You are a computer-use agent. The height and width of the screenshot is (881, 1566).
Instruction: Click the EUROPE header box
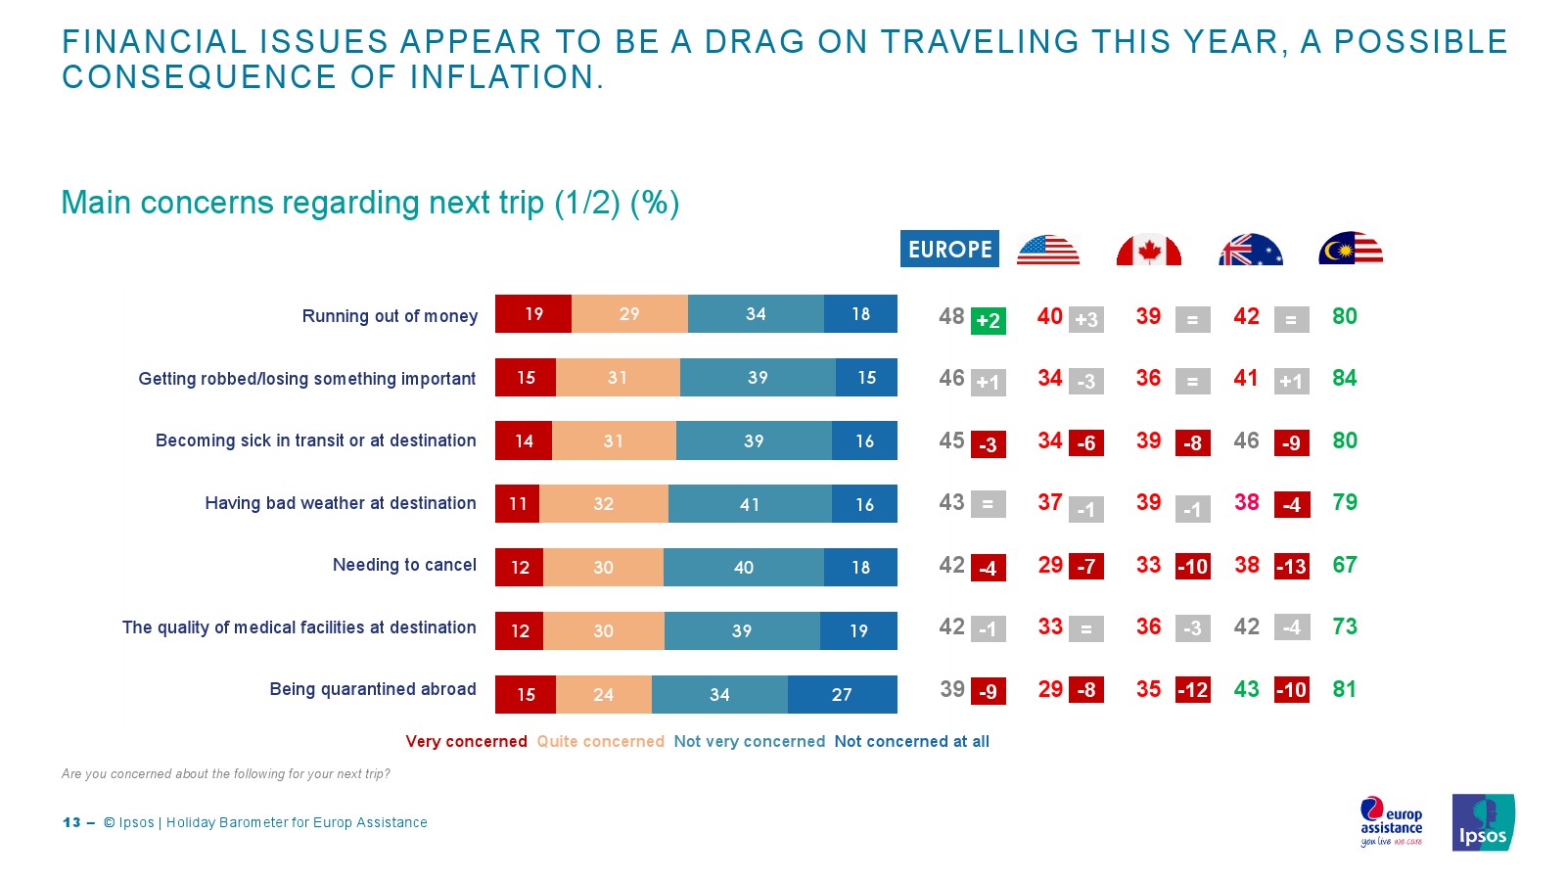pos(949,249)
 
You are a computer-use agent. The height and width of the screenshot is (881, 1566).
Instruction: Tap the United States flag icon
pos(1048,250)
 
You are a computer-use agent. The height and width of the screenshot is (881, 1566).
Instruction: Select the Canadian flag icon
pos(1149,251)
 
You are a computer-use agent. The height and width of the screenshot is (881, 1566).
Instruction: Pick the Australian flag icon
pos(1250,251)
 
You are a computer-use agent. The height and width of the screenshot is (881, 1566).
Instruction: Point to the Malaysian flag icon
pos(1351,250)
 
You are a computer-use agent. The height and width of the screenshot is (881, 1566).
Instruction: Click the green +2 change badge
pos(988,320)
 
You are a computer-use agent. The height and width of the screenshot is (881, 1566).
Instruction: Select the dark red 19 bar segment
pos(533,314)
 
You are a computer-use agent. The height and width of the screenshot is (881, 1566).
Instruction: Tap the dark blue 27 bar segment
pos(842,694)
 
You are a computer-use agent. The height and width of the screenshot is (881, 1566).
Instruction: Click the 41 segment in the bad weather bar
pos(750,504)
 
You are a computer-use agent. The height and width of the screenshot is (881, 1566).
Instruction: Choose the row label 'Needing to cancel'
pos(404,565)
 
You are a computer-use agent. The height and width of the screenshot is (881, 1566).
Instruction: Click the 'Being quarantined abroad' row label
pos(373,689)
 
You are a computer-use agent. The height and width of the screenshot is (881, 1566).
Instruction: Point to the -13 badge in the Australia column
pos(1291,566)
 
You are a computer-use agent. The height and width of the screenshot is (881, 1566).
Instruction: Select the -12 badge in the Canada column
pos(1192,690)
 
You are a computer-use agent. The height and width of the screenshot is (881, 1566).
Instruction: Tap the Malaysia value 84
pos(1344,379)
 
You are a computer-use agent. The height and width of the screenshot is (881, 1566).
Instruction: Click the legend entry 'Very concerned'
pos(466,742)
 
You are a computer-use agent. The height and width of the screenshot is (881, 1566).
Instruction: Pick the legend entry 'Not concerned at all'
pos(911,742)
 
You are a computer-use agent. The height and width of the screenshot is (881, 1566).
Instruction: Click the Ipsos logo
pos(1483,822)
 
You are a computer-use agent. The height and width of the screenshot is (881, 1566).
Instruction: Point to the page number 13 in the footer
pos(71,822)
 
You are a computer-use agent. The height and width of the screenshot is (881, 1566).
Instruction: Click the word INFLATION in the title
pos(501,77)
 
